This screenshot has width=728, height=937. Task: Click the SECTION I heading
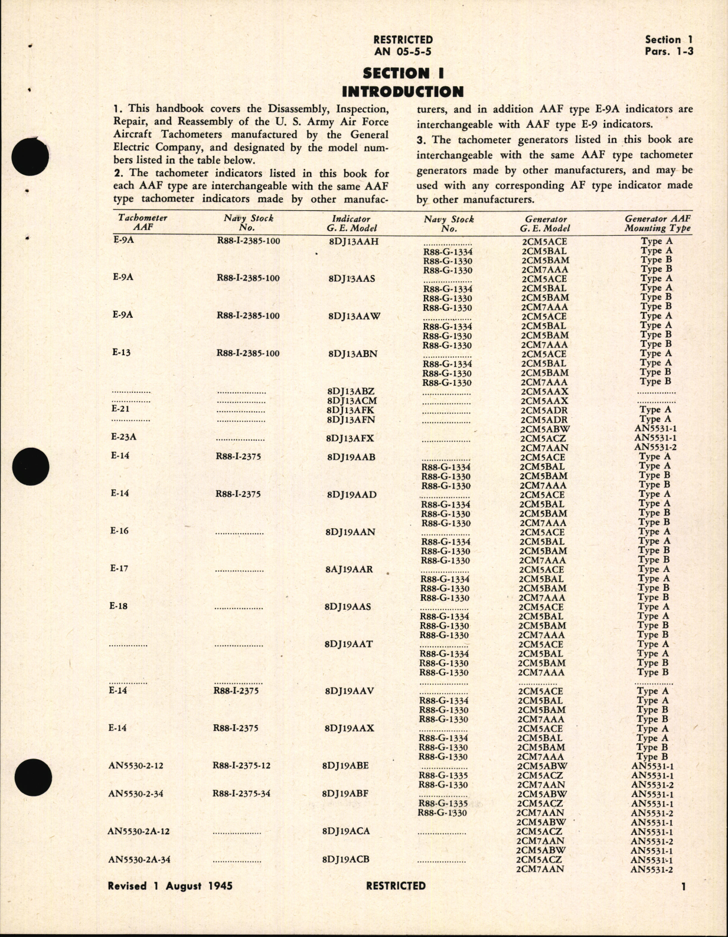point(403,73)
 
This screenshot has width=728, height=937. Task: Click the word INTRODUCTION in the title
point(403,92)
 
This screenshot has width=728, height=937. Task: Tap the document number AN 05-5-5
point(403,51)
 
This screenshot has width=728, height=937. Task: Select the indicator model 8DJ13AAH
point(353,242)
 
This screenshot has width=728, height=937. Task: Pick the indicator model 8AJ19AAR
point(349,570)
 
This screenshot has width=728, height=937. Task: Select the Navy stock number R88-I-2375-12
point(241,766)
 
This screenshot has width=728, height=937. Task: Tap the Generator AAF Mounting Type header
point(657,223)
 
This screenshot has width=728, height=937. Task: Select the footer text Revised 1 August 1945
point(170,886)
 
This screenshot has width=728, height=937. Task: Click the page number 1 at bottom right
point(683,886)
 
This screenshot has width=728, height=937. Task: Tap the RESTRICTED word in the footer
point(396,886)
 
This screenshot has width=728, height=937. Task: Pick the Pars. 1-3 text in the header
point(669,51)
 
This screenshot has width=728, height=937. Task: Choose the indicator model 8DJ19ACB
point(346,859)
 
